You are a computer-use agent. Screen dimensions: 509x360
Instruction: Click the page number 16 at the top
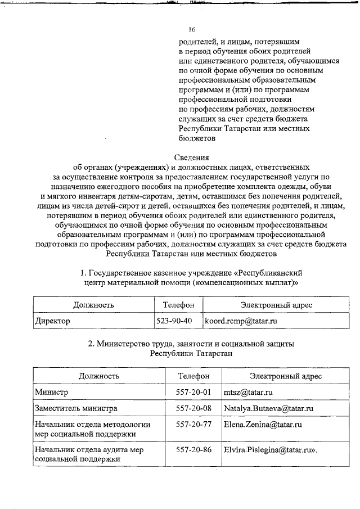click(192, 29)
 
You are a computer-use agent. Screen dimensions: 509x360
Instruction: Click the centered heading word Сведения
click(192, 157)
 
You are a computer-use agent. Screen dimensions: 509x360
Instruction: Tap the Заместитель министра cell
click(75, 408)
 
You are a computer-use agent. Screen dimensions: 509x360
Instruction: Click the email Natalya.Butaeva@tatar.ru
click(268, 408)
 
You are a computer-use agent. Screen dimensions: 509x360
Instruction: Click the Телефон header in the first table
click(178, 305)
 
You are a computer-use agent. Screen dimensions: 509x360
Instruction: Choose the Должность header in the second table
click(98, 376)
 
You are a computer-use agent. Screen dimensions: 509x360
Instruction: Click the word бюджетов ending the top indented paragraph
click(197, 138)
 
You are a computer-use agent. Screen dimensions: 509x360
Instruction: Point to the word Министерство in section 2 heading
click(125, 343)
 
